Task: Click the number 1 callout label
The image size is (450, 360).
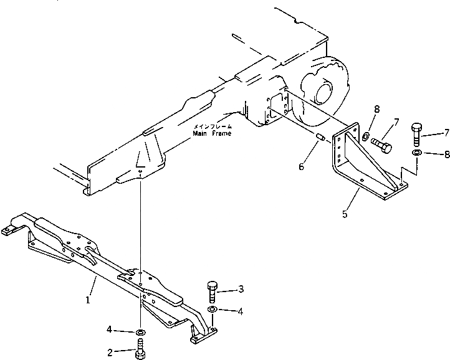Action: coord(88,300)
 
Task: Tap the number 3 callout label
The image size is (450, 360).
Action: coord(241,290)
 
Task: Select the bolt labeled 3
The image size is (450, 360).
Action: coord(211,291)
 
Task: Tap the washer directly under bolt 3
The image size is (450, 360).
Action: coord(212,309)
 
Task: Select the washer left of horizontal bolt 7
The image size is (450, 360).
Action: coord(365,136)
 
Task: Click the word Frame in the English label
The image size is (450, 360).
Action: coord(220,133)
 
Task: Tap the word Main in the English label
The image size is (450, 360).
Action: coord(199,133)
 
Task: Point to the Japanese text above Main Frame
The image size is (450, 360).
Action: coord(212,126)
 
